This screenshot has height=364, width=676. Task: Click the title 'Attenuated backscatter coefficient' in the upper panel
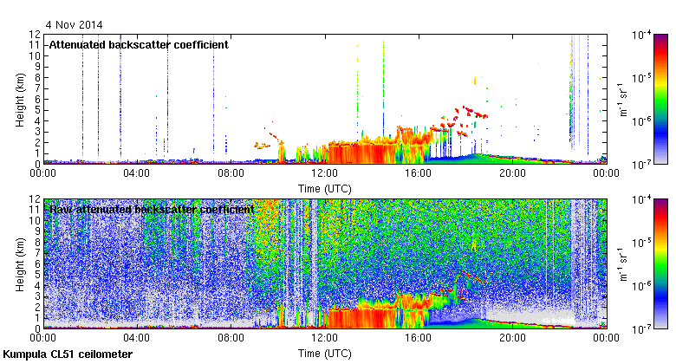[139, 44]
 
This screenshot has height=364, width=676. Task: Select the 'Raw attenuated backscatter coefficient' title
[152, 210]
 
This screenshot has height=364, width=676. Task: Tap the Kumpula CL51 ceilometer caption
[68, 354]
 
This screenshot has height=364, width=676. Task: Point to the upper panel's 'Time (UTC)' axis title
[324, 188]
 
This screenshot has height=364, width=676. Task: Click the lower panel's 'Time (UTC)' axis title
[324, 354]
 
